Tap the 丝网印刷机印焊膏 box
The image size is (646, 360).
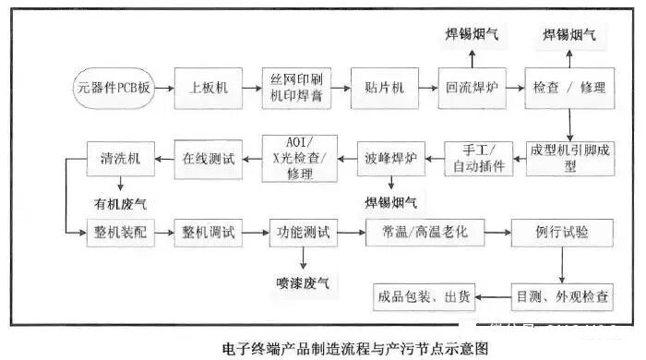(x=294, y=89)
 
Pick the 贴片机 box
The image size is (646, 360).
(x=385, y=89)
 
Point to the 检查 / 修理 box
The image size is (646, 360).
(x=569, y=89)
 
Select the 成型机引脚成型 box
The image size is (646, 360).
(x=568, y=158)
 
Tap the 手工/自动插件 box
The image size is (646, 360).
(x=478, y=158)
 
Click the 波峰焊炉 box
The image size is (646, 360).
(x=390, y=158)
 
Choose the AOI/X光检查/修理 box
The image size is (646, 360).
(x=300, y=158)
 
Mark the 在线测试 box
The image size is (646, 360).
(x=209, y=158)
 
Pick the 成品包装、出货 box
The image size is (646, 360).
(x=424, y=297)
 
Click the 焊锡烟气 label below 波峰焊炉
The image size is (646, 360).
(x=390, y=200)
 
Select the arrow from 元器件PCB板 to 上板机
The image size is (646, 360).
(x=163, y=89)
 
